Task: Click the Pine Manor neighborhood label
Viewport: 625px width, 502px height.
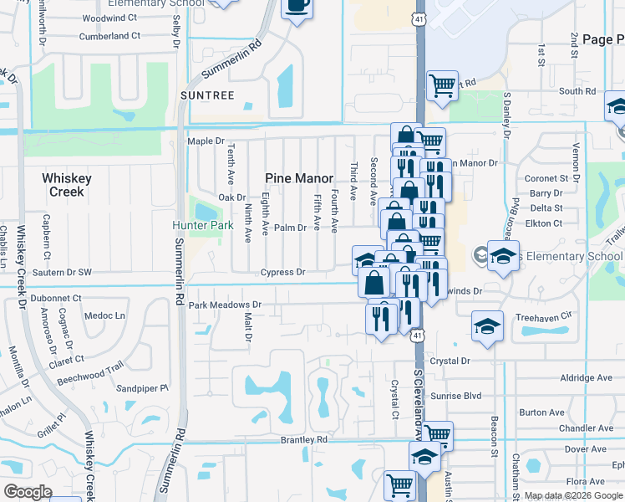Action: click(x=299, y=178)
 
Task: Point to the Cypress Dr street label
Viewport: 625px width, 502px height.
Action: click(x=282, y=272)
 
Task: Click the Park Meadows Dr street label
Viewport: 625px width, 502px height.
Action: click(x=226, y=305)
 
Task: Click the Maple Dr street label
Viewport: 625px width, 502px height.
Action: click(x=207, y=141)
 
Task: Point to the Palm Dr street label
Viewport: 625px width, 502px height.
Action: click(x=291, y=228)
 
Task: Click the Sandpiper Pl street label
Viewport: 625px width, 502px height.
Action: click(x=142, y=388)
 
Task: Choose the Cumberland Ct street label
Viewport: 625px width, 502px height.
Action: click(x=109, y=36)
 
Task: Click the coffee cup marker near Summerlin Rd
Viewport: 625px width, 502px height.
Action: click(x=297, y=8)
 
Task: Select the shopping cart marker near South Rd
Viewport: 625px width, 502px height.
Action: click(x=441, y=84)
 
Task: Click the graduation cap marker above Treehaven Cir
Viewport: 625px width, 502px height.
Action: click(x=487, y=325)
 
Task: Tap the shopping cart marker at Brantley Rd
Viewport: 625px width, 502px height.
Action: click(x=437, y=433)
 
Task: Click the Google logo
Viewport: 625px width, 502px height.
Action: click(x=28, y=492)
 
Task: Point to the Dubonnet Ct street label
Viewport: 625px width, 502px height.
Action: click(x=55, y=298)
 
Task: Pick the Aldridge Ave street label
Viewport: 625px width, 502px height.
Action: click(x=587, y=378)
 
